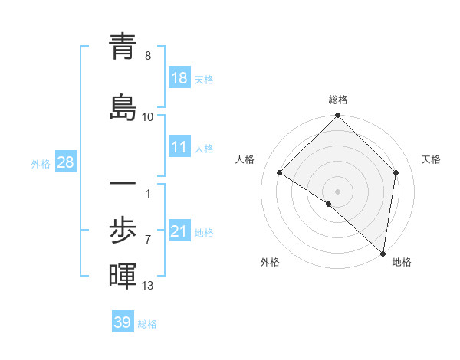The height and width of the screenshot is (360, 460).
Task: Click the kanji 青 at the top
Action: point(123,47)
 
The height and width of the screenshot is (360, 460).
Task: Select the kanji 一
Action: point(123,185)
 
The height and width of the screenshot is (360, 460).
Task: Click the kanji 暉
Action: point(123,276)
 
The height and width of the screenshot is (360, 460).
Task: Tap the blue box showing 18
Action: point(179,78)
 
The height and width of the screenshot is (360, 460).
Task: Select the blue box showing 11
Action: point(179,147)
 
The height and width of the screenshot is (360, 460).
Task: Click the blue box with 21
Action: point(179,231)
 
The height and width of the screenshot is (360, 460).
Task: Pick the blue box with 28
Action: point(65,162)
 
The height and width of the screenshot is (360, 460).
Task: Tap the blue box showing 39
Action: point(123,322)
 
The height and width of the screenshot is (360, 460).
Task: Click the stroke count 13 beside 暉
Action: point(148,286)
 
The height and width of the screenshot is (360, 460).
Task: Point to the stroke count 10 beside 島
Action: point(148,116)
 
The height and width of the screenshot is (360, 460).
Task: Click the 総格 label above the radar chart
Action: point(338,100)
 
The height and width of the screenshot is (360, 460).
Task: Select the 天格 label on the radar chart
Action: point(432,159)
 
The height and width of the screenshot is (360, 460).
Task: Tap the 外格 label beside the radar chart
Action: point(270,262)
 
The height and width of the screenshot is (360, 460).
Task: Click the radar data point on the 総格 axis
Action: point(338,116)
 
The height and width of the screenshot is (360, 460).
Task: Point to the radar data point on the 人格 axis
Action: point(280,173)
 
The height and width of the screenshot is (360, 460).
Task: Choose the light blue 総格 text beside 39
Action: point(147,324)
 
